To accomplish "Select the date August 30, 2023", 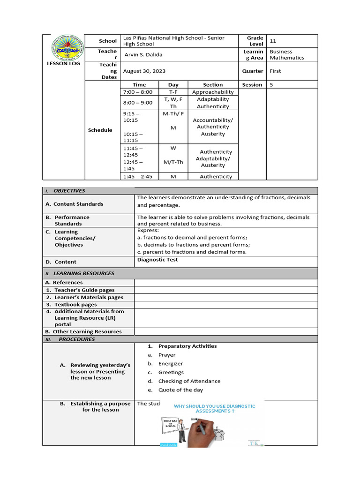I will tap(144, 71).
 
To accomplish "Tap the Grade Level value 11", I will tap(273, 41).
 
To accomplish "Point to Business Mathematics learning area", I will tap(286, 55).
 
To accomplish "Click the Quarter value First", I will tap(276, 71).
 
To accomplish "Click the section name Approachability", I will tap(212, 92).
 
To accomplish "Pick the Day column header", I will tap(173, 85).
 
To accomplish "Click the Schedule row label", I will tap(100, 130).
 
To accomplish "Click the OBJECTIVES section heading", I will tap(69, 191).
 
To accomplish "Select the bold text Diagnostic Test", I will tap(157, 260).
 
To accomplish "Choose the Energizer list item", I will tap(170, 364).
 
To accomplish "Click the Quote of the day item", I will tap(180, 390).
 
